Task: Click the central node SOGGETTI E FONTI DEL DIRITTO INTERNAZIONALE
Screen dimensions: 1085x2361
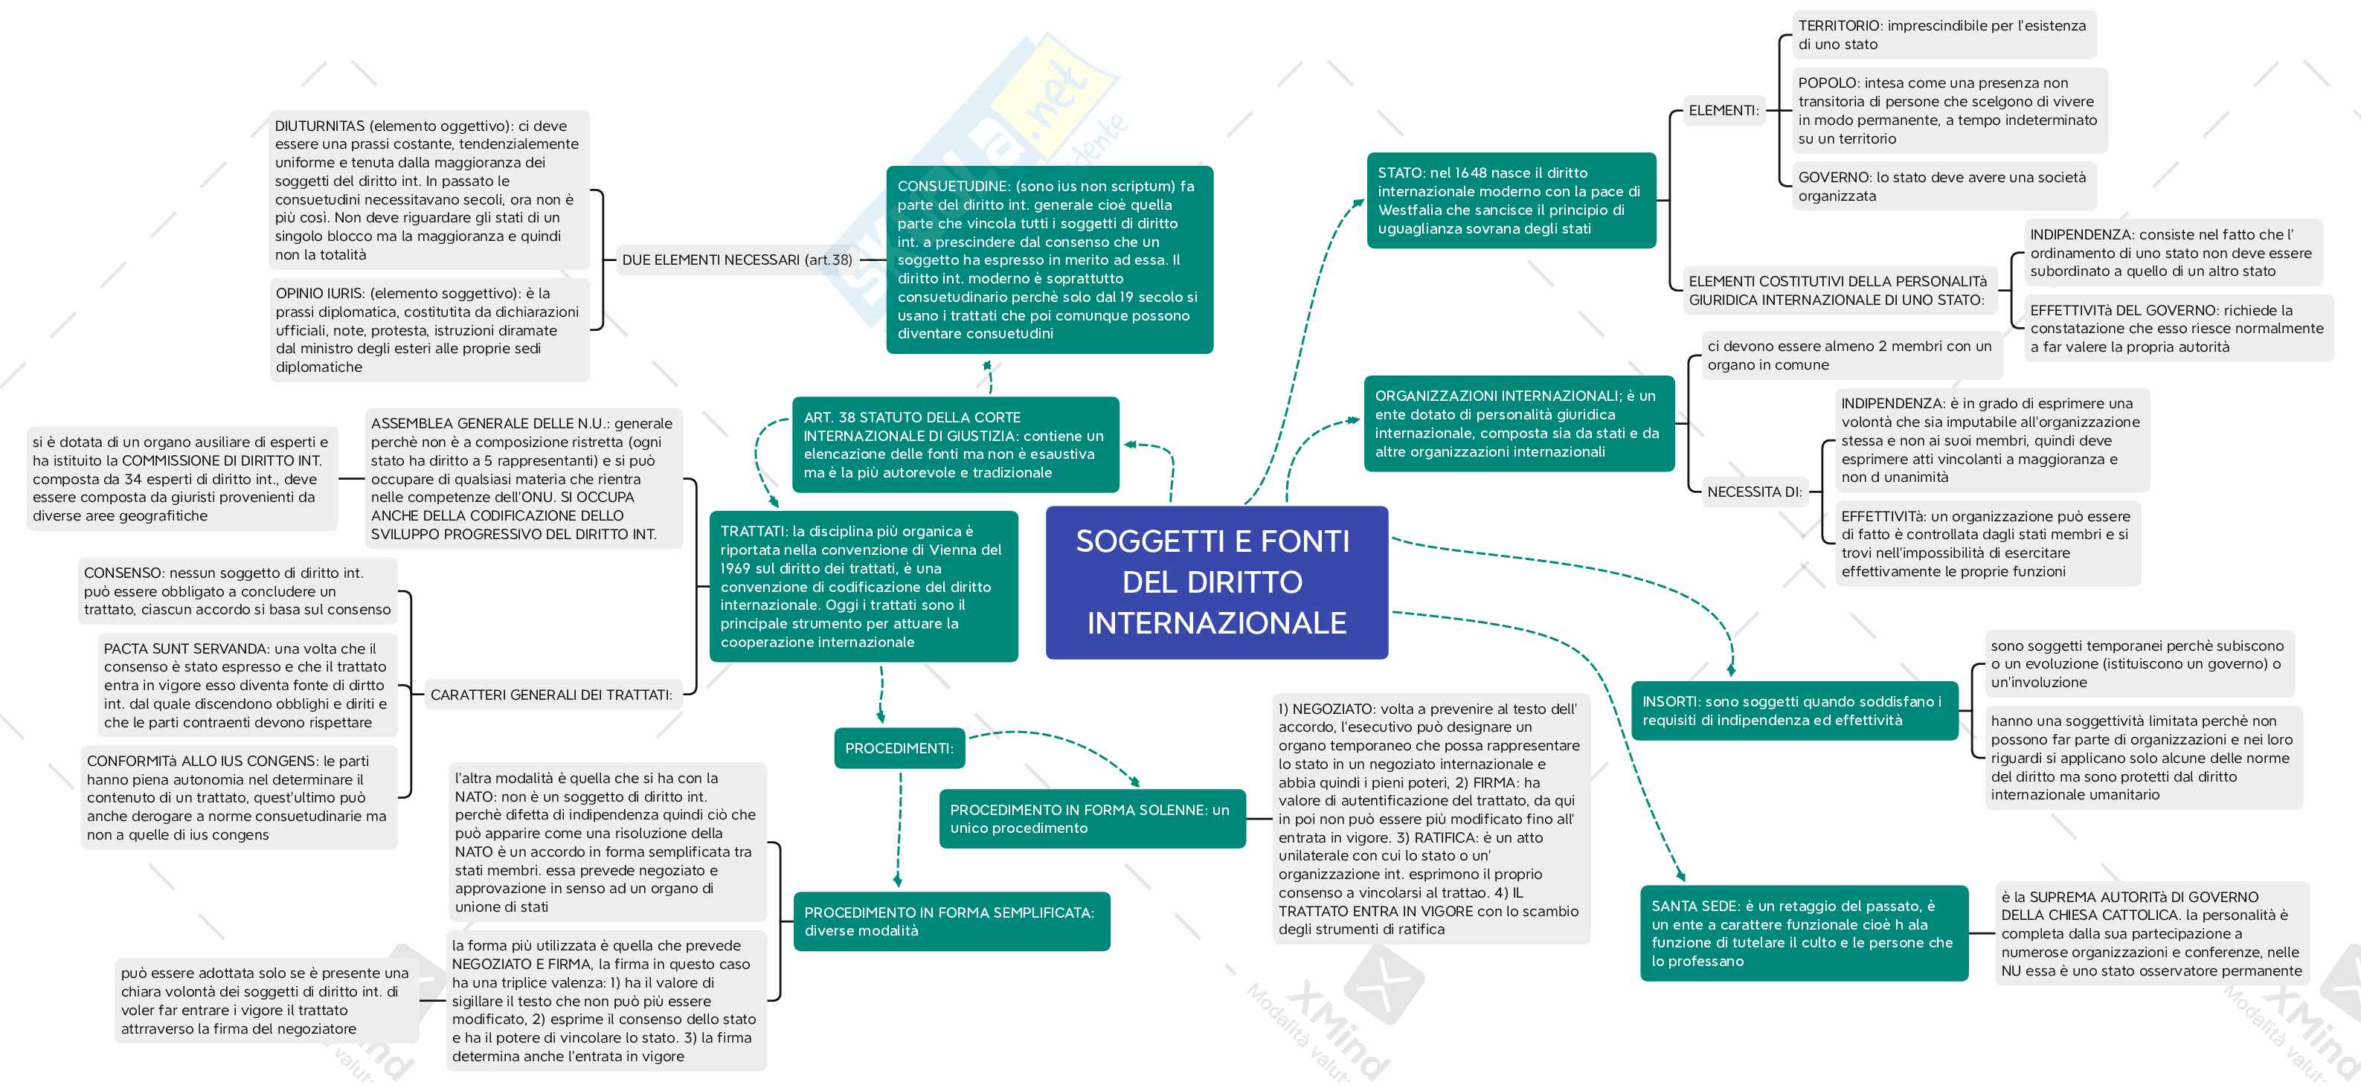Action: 1216,582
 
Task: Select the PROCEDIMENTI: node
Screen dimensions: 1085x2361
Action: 899,748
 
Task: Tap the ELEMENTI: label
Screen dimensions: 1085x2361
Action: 1723,111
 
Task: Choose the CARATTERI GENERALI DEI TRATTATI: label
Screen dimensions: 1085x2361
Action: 551,695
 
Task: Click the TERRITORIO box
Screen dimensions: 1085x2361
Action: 1942,35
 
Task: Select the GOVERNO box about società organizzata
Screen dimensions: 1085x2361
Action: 1942,186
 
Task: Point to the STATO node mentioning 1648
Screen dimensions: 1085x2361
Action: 1511,201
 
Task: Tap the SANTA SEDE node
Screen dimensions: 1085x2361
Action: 1803,933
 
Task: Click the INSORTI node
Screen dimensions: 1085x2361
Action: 1793,710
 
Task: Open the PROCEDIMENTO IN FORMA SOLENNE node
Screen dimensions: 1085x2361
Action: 1090,818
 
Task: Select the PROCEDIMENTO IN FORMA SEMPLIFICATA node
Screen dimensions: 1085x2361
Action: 951,921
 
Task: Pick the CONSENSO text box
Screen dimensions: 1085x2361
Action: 237,591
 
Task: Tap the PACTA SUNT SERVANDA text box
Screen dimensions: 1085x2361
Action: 245,685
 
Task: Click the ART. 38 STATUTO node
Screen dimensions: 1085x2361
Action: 954,445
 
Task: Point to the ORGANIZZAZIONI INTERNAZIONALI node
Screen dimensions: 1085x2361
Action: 1517,423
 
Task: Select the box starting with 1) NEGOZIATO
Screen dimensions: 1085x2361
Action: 1430,818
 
